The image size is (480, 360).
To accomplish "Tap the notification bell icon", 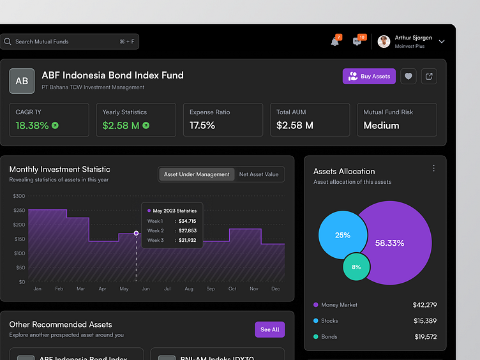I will tap(334, 42).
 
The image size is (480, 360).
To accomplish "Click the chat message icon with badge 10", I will tap(357, 42).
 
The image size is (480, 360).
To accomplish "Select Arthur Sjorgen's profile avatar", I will tap(384, 41).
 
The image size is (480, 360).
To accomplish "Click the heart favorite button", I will tap(409, 77).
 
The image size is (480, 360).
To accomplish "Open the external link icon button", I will tap(430, 77).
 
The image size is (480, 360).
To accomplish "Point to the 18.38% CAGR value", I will tap(32, 125).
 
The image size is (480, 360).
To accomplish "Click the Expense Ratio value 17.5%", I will tap(202, 125).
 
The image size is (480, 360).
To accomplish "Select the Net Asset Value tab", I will tap(259, 174).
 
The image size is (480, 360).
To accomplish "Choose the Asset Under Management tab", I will tap(197, 174).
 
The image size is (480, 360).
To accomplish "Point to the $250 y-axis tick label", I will tap(19, 210).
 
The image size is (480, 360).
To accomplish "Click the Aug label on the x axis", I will tap(189, 289).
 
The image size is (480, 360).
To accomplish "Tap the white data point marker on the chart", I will tap(136, 233).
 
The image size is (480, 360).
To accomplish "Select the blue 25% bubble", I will tap(342, 235).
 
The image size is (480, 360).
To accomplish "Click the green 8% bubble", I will tap(356, 267).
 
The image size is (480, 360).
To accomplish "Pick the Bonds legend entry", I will tap(329, 336).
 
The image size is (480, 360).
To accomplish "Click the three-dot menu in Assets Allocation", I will tap(433, 169).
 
